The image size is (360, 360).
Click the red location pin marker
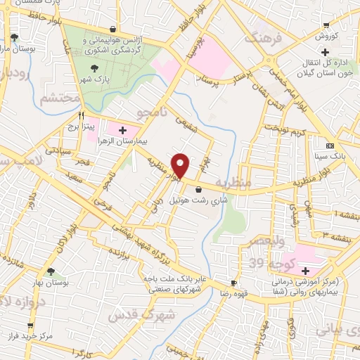(x=181, y=166)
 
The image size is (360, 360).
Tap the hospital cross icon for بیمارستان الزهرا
(x=123, y=130)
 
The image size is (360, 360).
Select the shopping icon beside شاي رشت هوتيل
(x=198, y=189)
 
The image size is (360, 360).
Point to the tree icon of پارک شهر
(x=95, y=68)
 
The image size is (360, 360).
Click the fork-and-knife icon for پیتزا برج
(x=82, y=115)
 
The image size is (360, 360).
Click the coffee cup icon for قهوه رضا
(x=233, y=283)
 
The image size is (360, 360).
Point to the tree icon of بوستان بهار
(x=50, y=271)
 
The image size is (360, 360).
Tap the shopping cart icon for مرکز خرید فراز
(x=30, y=326)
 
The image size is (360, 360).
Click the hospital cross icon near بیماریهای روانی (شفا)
(x=306, y=271)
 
